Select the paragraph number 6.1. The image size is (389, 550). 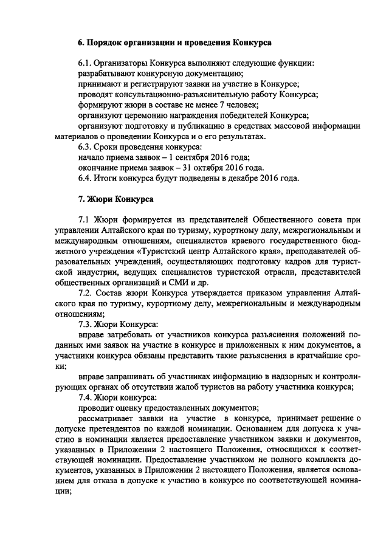pos(88,63)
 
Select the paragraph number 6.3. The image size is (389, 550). pos(88,147)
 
